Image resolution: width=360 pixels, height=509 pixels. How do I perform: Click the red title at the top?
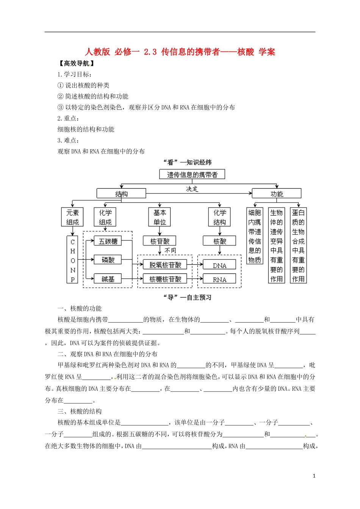tap(180, 52)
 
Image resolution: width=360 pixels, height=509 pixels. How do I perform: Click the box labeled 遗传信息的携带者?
tap(192, 174)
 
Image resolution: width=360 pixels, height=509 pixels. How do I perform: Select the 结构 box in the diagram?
tap(121, 194)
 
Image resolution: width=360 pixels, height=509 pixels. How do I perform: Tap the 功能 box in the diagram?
tap(276, 194)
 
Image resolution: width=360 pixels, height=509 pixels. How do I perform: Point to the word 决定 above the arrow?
tap(192, 189)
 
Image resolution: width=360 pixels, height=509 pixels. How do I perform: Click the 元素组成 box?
tap(72, 217)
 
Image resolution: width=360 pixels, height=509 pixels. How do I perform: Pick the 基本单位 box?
tap(160, 217)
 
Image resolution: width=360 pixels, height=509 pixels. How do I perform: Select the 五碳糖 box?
tap(108, 241)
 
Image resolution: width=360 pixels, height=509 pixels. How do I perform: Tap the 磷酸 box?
tap(108, 260)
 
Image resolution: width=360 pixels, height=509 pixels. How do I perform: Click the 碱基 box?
tap(108, 279)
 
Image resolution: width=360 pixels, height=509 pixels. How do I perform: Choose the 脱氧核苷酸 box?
tap(165, 265)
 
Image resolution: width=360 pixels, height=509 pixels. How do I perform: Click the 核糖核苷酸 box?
tap(165, 279)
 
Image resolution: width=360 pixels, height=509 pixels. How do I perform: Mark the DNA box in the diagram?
tap(219, 265)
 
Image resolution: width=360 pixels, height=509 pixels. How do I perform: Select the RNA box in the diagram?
tap(219, 279)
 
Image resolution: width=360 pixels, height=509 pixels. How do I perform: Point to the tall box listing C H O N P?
tap(73, 260)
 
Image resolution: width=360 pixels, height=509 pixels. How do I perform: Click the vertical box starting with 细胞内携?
tap(255, 236)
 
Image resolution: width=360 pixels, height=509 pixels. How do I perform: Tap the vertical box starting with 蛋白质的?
tap(298, 245)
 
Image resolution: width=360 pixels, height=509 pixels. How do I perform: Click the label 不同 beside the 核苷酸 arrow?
tap(170, 250)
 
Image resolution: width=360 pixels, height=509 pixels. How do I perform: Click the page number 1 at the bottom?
tap(314, 476)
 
